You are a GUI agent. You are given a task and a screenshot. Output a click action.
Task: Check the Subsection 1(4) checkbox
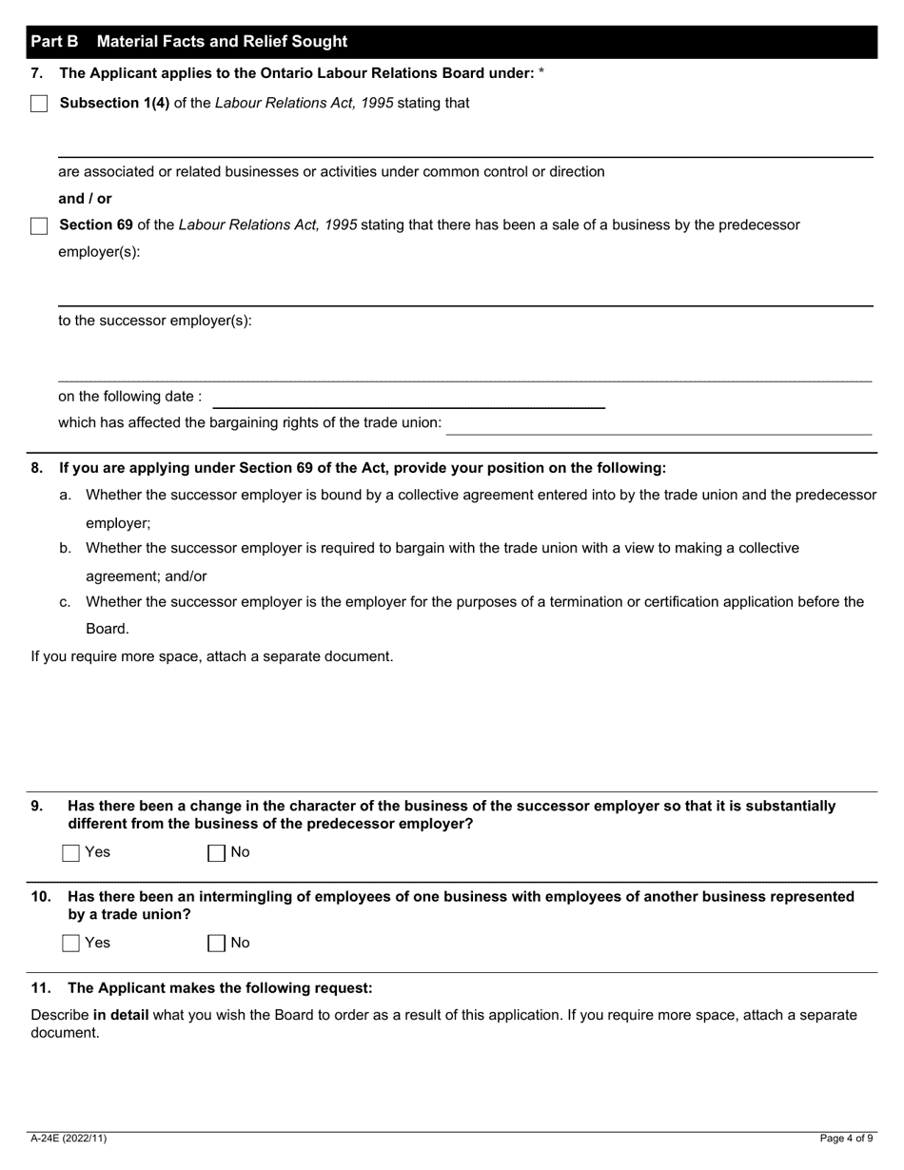tap(39, 104)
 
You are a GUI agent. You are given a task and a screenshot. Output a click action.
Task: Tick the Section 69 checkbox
tap(39, 225)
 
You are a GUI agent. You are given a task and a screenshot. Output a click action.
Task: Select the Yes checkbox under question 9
tap(70, 853)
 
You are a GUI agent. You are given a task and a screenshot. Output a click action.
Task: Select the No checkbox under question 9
tap(216, 853)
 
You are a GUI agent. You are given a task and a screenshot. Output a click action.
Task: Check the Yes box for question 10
tap(70, 944)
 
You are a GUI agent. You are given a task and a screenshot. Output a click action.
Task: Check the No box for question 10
tap(216, 944)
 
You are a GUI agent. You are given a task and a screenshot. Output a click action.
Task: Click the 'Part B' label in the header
tap(54, 42)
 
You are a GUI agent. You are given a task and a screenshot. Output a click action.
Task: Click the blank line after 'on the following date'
tap(408, 399)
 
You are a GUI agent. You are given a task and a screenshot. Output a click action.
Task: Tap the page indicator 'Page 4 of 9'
tap(846, 1139)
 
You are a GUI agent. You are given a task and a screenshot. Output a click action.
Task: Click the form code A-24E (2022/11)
tap(69, 1139)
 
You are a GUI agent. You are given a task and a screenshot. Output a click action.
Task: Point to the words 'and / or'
tap(85, 199)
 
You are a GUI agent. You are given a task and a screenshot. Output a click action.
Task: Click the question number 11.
tap(41, 988)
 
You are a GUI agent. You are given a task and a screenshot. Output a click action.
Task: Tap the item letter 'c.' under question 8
tap(65, 602)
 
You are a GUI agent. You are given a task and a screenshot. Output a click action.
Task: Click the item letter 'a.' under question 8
tap(65, 496)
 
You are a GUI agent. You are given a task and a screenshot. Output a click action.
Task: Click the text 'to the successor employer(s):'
tap(155, 321)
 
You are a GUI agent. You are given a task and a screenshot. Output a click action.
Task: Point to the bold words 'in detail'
tap(121, 1015)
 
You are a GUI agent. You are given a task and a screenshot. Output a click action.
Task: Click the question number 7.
tap(37, 73)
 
